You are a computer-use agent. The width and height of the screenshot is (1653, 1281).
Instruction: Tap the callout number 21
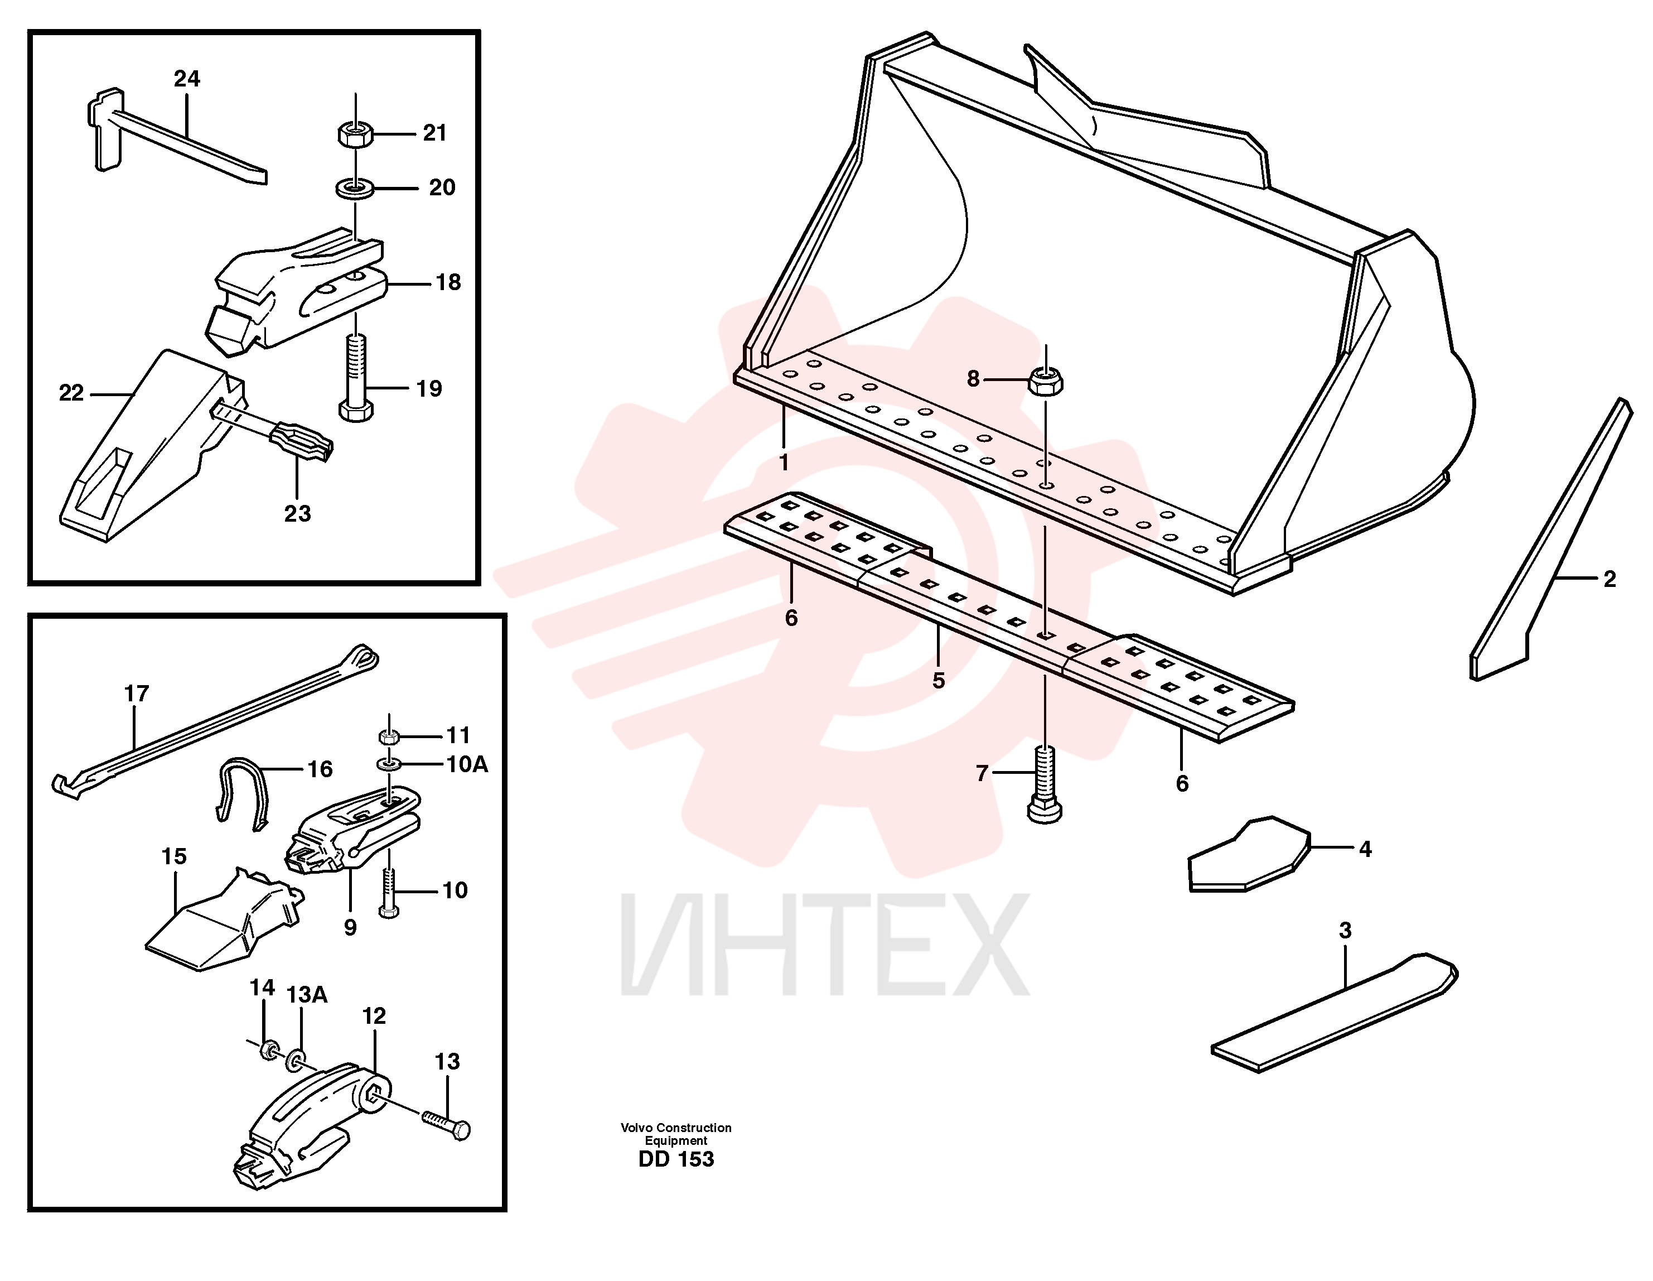(434, 133)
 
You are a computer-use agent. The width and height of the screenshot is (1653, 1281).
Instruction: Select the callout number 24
(187, 79)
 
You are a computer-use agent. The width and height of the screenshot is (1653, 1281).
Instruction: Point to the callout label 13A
(307, 995)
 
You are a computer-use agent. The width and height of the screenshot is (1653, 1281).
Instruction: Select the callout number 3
(1345, 931)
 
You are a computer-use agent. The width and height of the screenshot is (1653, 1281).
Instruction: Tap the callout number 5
(939, 681)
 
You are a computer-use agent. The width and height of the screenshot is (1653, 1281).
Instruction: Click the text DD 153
(676, 1159)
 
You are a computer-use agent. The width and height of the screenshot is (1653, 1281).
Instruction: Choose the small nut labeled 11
(388, 736)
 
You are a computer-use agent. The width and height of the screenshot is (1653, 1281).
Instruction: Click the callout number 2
(1610, 579)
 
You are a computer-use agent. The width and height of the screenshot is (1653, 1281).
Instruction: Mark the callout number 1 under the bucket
(784, 462)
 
